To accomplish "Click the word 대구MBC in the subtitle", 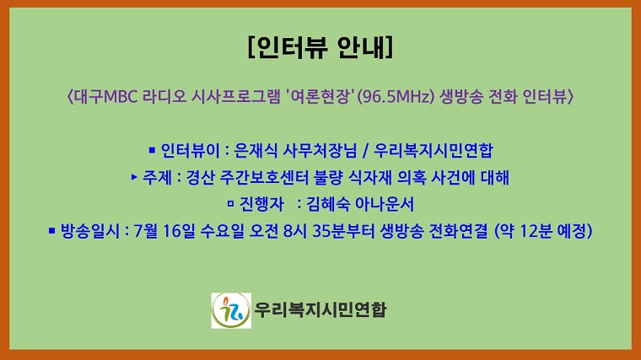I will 101,97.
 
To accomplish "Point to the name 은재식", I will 256,152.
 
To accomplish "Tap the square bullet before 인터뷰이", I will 152,151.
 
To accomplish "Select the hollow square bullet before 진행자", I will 230,203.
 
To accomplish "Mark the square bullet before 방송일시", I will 52,228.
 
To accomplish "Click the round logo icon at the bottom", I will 231,310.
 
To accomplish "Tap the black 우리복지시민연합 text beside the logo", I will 320,310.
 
